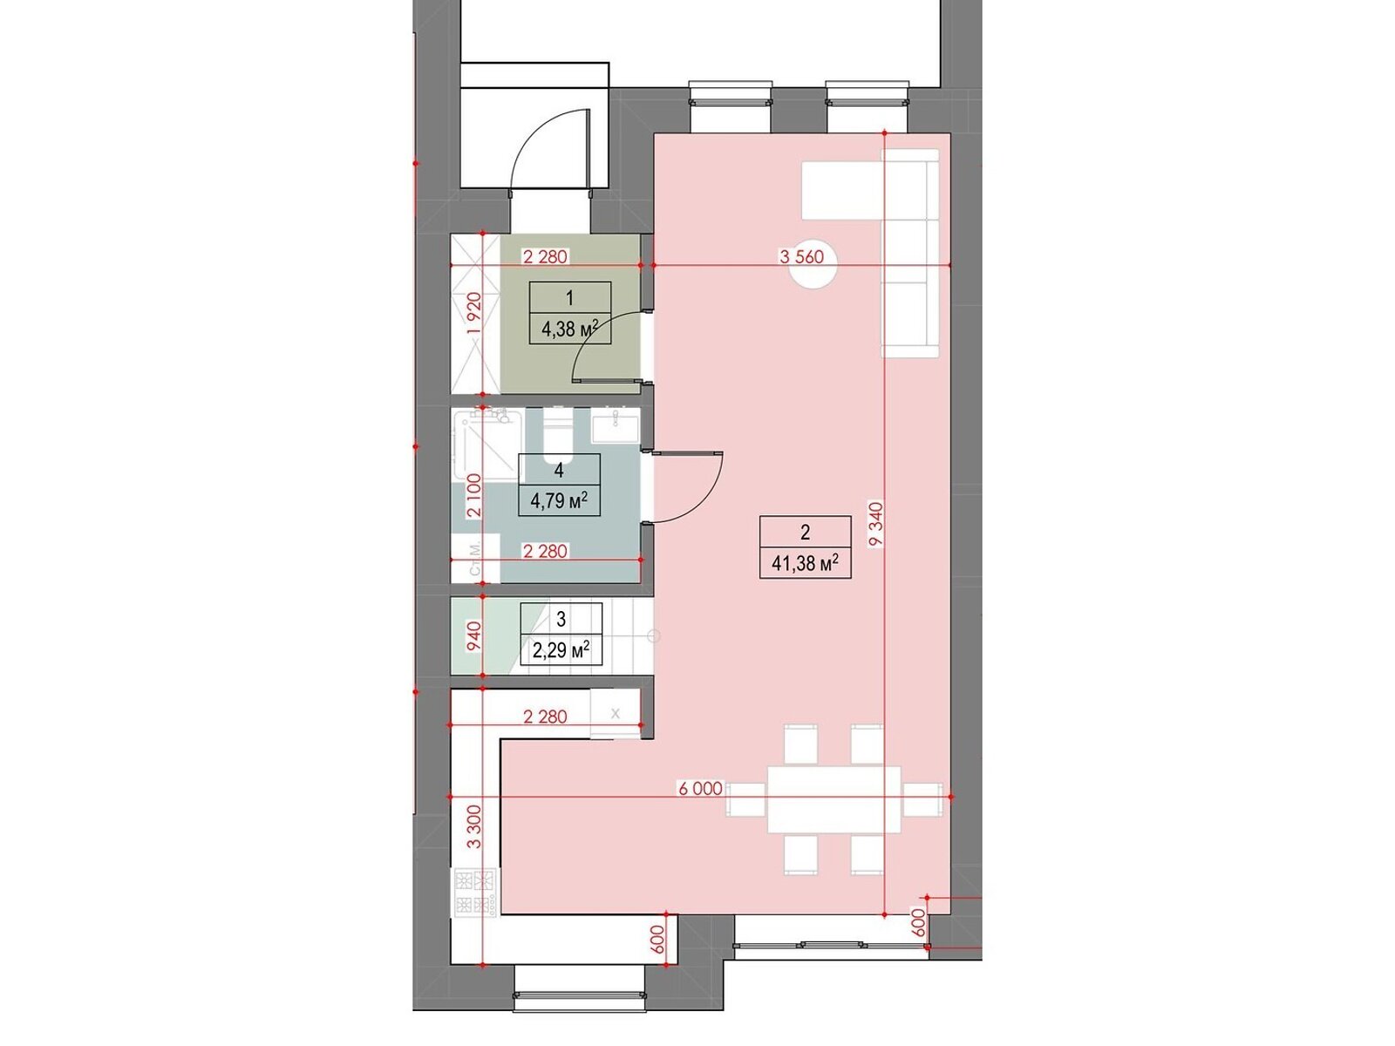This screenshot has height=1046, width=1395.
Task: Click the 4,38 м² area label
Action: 569,329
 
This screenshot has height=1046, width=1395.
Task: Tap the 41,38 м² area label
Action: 805,563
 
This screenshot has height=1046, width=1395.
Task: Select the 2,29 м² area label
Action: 561,649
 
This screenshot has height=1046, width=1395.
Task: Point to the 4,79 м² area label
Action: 559,500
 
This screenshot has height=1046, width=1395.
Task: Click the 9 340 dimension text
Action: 876,523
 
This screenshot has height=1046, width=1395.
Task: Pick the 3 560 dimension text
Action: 801,256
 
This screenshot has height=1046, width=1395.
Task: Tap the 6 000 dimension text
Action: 700,788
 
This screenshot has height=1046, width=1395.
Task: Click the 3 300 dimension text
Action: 474,826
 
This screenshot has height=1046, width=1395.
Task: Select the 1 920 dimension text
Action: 473,313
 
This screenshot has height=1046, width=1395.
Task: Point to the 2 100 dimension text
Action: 473,495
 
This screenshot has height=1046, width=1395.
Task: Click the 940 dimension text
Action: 473,635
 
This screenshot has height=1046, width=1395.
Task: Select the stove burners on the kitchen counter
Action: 475,892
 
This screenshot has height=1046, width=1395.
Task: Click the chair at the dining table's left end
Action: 745,799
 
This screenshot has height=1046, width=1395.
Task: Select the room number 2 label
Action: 805,532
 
